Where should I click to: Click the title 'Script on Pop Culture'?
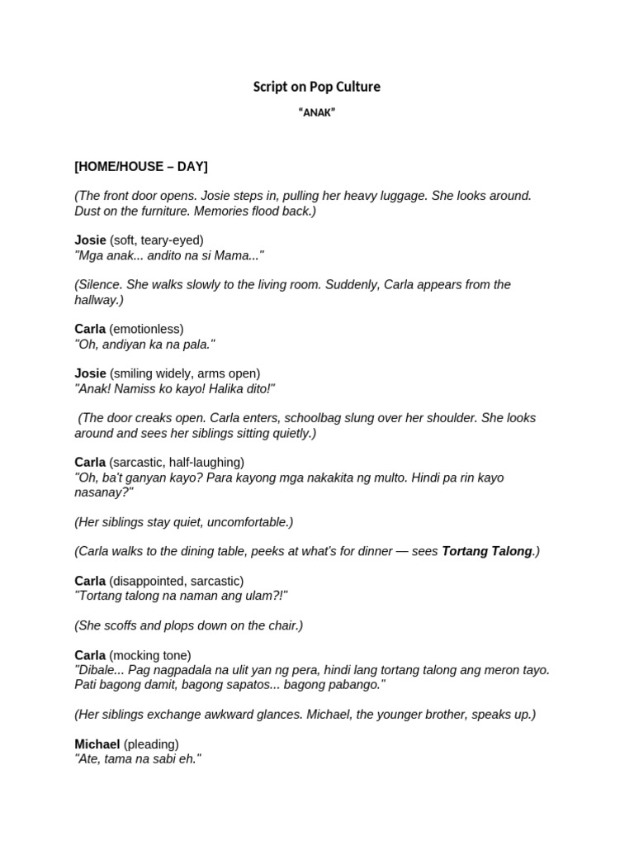click(316, 87)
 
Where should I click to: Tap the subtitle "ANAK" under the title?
click(316, 113)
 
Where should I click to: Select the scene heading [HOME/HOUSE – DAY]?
click(141, 167)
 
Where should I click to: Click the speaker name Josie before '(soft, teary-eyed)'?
click(90, 240)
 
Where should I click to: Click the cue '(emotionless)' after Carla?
click(146, 330)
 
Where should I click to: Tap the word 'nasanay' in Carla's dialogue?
click(101, 492)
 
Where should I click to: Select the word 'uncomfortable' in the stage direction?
click(249, 522)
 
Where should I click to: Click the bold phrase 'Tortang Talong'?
click(487, 552)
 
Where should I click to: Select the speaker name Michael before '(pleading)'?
click(97, 744)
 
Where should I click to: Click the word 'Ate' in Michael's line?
click(89, 759)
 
